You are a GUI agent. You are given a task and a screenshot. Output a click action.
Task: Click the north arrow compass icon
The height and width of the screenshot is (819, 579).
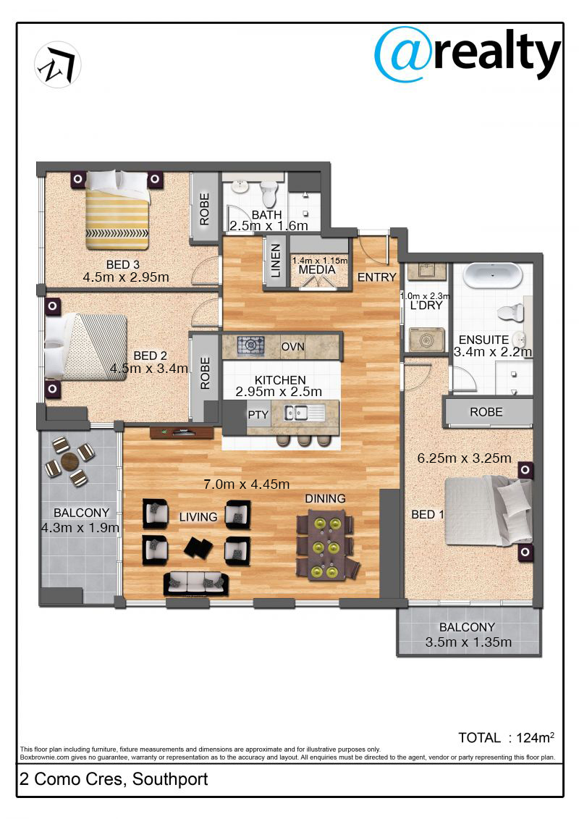point(57,64)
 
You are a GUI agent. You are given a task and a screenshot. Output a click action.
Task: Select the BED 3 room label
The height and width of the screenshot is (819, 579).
point(123,265)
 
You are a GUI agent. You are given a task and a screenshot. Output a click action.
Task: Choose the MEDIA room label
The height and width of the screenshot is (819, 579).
point(317,270)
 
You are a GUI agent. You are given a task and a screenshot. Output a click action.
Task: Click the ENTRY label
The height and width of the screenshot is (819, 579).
point(376,277)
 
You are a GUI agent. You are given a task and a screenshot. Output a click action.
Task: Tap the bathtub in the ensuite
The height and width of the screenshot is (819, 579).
point(493,276)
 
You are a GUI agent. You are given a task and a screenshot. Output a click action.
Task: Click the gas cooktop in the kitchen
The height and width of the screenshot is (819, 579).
point(250,345)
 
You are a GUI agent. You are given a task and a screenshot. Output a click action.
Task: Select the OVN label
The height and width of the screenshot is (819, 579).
point(292,347)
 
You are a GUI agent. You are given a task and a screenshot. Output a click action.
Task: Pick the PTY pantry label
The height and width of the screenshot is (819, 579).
point(258,415)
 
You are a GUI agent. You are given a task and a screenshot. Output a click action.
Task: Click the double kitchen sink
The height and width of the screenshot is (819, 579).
point(297,414)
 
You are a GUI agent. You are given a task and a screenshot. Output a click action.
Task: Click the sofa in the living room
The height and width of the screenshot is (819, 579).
point(196,584)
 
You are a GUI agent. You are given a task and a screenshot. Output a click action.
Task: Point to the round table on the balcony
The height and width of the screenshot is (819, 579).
point(69,462)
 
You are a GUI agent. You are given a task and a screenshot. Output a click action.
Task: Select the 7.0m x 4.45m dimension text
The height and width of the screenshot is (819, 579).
point(246,484)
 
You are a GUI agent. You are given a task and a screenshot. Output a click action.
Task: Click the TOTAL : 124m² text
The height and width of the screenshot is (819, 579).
point(506,737)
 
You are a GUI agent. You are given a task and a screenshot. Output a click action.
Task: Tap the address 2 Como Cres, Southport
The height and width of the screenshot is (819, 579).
point(114,779)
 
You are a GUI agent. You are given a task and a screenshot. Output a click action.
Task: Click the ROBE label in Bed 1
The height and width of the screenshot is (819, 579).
point(486,412)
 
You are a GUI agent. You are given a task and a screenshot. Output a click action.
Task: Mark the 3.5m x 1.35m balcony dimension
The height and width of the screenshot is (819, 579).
point(468,642)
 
